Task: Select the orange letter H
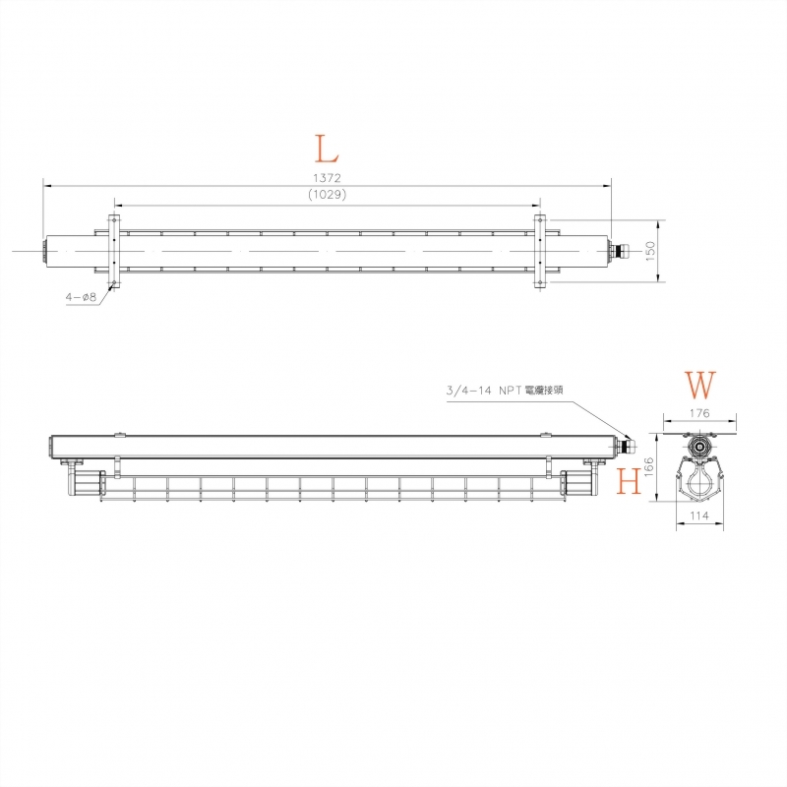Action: [629, 481]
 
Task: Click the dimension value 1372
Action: [327, 177]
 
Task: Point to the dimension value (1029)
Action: [327, 194]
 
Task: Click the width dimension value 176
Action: [699, 414]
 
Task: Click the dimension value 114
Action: [699, 515]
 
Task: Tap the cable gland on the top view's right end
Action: [618, 251]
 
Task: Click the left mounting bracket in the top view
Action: [113, 252]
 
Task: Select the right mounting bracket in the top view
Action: [539, 252]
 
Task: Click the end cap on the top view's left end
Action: [45, 251]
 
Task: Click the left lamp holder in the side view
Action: [84, 483]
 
